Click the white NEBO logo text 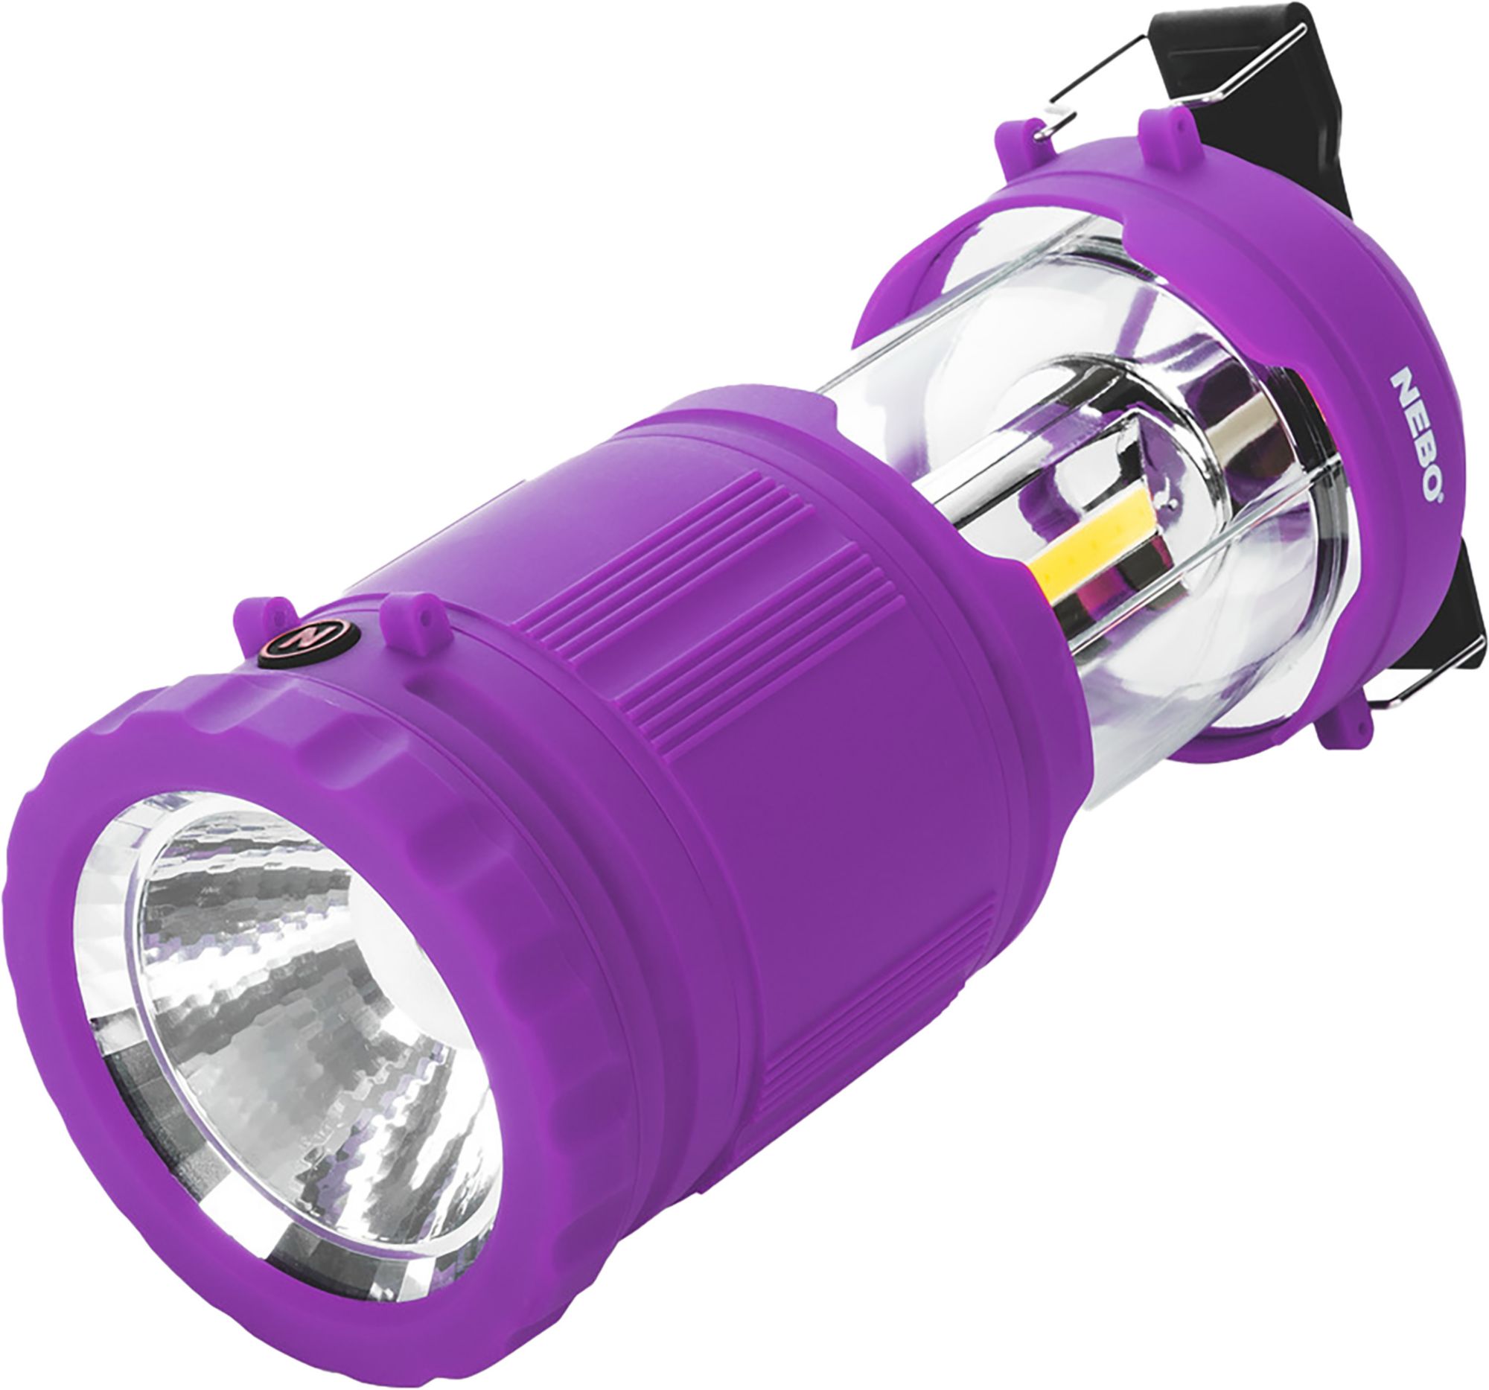(1415, 435)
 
